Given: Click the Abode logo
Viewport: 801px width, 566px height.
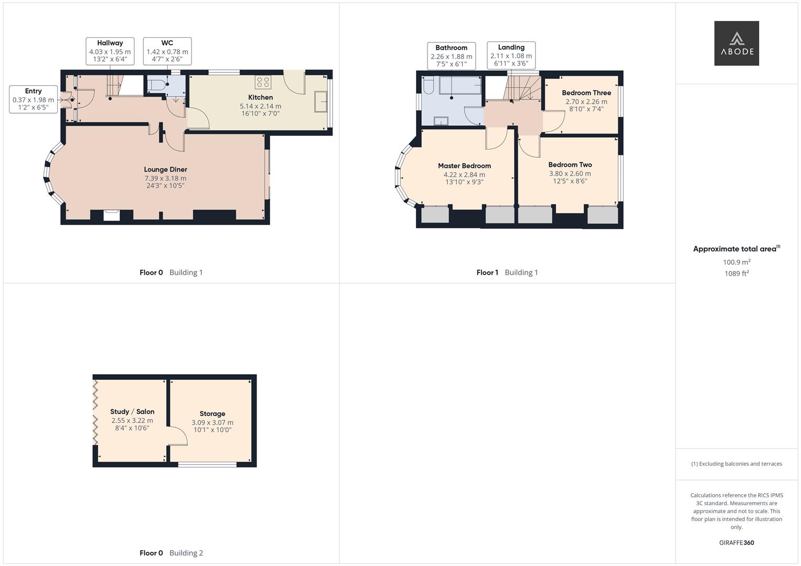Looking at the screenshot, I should tap(736, 43).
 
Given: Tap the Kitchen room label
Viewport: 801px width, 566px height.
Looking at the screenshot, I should tap(260, 97).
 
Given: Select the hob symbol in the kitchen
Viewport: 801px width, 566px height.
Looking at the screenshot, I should tap(263, 82).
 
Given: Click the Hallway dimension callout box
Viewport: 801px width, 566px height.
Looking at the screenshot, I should tap(110, 51).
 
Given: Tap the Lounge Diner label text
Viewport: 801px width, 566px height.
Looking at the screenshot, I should tap(165, 169).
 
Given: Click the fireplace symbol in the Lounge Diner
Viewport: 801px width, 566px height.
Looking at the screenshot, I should tap(112, 214).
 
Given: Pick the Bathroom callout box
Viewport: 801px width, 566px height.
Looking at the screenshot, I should tap(451, 56).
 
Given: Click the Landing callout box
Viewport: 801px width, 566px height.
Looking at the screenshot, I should tap(511, 55).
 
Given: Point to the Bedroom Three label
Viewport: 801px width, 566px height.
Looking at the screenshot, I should tap(586, 93).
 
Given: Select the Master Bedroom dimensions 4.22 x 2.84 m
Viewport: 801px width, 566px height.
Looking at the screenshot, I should tap(464, 175).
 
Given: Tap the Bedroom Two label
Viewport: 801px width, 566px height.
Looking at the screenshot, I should tap(570, 165).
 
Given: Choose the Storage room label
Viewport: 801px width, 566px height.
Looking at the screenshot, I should tap(212, 413).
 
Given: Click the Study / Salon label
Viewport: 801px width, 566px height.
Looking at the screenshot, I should tap(132, 411).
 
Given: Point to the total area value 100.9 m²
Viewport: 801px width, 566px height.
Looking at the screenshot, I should tap(736, 262).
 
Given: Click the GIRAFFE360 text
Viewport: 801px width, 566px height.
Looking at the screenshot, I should tap(736, 542).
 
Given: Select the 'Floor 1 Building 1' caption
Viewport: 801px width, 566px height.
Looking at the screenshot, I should tap(507, 273).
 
